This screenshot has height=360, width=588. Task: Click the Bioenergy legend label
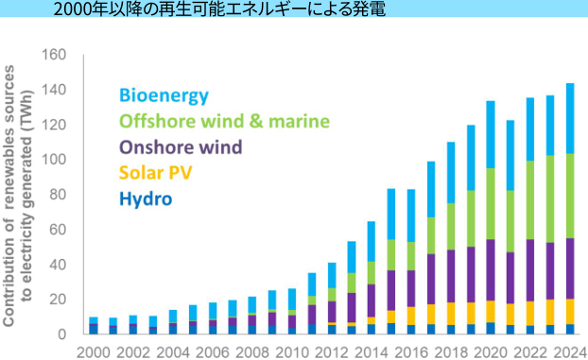164,95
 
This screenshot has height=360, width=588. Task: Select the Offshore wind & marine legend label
224,121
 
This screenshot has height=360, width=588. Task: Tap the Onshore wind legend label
181,146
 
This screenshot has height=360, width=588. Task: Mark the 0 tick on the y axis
62,334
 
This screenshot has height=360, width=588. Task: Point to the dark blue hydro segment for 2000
94,328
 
